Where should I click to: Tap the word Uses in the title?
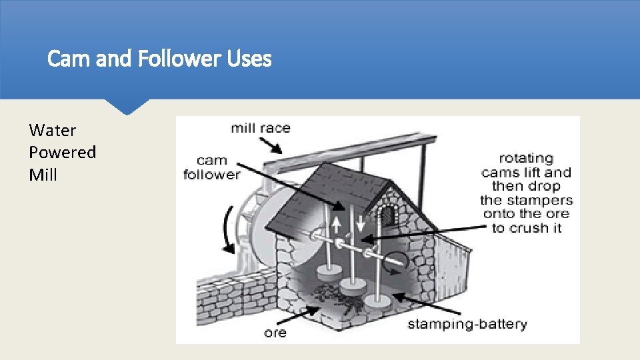pyautogui.click(x=249, y=59)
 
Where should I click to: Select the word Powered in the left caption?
pyautogui.click(x=63, y=152)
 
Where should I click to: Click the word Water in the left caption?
pyautogui.click(x=53, y=130)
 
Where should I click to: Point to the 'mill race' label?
pyautogui.click(x=261, y=127)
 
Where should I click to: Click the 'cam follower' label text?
pyautogui.click(x=212, y=167)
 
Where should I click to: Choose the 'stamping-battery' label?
pyautogui.click(x=467, y=325)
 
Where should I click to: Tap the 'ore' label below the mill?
pyautogui.click(x=275, y=331)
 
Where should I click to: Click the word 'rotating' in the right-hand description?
pyautogui.click(x=526, y=158)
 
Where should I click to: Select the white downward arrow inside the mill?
pyautogui.click(x=361, y=223)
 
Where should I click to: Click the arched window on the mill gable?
pyautogui.click(x=386, y=214)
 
